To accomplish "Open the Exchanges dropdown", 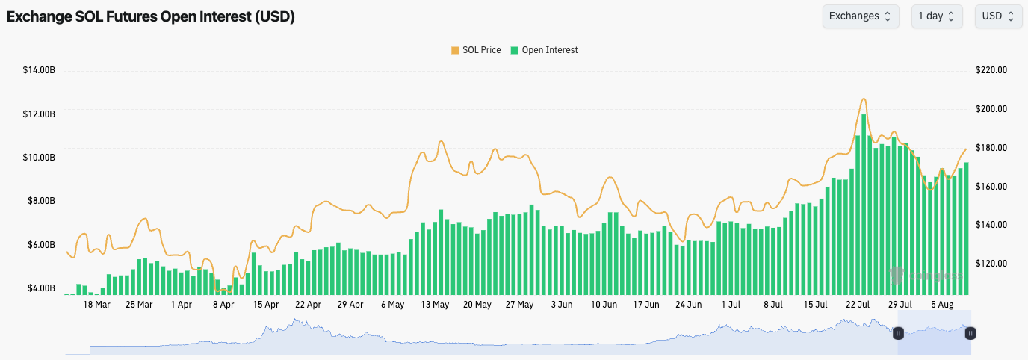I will click(859, 16).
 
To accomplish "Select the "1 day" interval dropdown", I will click(936, 16).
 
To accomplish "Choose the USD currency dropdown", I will click(998, 16).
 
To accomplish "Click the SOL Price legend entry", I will click(476, 50).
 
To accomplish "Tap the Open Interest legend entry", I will click(544, 50).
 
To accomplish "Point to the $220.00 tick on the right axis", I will click(991, 70).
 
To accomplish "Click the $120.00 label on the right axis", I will click(991, 264).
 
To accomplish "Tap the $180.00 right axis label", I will click(991, 148).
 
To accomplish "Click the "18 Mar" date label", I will click(96, 305).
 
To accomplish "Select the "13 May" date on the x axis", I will click(435, 305).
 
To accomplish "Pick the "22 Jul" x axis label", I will click(858, 305).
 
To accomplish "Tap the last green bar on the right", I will click(967, 229).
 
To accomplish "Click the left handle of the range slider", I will click(899, 333).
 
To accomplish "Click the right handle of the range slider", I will click(970, 333).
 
